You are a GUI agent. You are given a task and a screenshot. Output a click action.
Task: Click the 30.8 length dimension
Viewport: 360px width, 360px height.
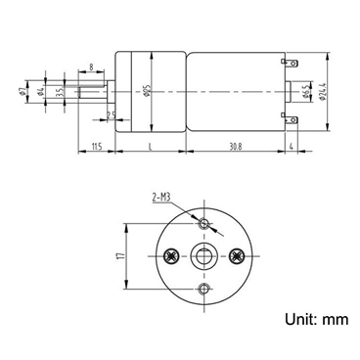click(228, 146)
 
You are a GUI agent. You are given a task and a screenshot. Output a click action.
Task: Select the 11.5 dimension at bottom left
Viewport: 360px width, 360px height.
click(96, 146)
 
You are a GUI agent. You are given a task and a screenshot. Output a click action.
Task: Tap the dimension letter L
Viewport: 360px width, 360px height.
click(148, 146)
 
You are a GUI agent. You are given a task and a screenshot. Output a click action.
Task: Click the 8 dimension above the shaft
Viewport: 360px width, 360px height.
click(91, 67)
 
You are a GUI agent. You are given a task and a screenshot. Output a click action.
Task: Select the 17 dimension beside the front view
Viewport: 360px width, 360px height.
click(118, 257)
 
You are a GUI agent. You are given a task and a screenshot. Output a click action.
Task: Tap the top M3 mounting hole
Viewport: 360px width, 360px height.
click(203, 225)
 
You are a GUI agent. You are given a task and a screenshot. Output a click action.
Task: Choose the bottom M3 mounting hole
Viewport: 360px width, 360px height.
click(203, 291)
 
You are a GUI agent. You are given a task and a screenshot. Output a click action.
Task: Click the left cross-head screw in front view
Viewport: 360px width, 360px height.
click(171, 257)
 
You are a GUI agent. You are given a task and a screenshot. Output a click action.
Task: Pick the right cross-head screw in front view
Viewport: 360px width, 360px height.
click(237, 257)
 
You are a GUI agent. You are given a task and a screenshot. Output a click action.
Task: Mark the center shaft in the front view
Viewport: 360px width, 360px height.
click(203, 257)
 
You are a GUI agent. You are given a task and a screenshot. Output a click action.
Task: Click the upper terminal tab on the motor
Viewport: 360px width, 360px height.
click(291, 66)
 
